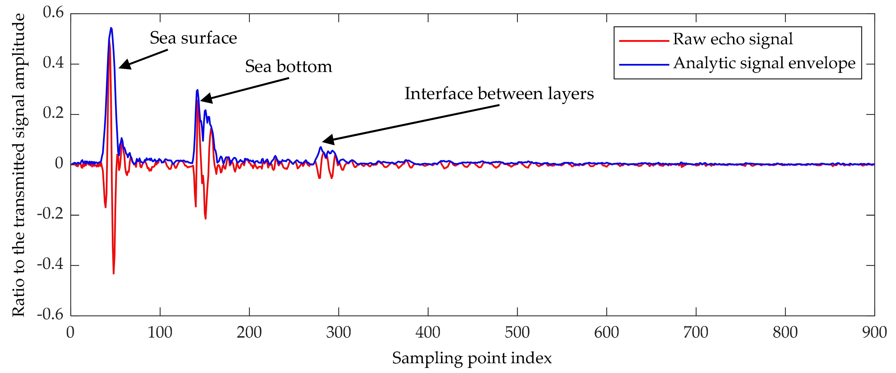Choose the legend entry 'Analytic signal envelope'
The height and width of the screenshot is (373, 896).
click(764, 63)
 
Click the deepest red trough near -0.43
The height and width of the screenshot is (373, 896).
click(113, 273)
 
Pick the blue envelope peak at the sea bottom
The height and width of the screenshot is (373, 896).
click(197, 90)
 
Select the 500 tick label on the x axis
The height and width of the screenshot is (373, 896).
click(517, 333)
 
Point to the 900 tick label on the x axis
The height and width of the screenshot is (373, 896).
click(874, 333)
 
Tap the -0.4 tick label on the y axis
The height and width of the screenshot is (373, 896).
click(51, 264)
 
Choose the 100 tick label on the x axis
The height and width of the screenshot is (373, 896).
click(160, 333)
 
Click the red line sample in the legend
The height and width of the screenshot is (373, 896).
click(644, 41)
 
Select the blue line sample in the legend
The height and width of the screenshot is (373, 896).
click(644, 65)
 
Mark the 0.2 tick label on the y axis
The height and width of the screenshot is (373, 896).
click(53, 113)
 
